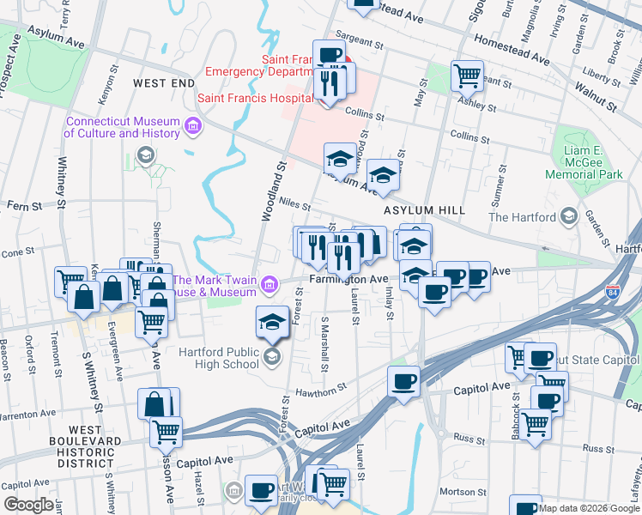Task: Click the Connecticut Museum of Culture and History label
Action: point(121,127)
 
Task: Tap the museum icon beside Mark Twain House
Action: point(270,283)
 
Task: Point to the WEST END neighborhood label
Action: point(164,82)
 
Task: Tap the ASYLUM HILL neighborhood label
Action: point(424,210)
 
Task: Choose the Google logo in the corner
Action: point(27,505)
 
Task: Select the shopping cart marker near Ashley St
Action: point(467,75)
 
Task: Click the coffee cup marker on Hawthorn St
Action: point(403,381)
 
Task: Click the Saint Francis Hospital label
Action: point(255,99)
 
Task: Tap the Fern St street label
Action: point(24,206)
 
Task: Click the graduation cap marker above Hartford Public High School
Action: point(273,322)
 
